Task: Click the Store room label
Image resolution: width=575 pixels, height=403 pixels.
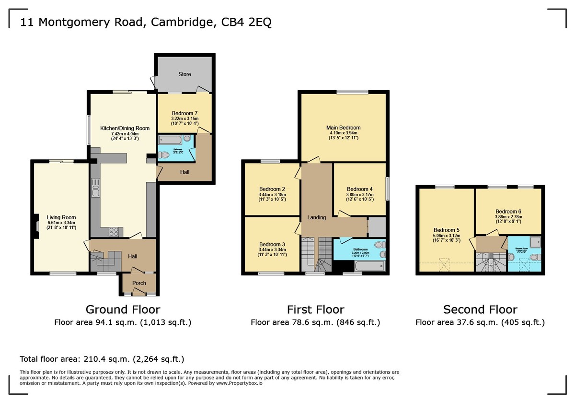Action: (184, 74)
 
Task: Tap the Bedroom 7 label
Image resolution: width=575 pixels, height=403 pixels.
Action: (184, 113)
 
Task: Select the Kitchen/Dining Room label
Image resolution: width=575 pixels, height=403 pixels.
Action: (125, 128)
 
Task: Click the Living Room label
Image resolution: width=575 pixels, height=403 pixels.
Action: (61, 217)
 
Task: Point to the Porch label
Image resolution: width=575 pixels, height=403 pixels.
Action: (139, 283)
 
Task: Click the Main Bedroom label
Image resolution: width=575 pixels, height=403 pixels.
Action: (343, 128)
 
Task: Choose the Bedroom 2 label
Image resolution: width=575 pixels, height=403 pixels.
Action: (272, 189)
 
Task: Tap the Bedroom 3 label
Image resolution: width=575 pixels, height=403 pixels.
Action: (272, 244)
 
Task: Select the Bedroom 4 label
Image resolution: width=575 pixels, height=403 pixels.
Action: (360, 189)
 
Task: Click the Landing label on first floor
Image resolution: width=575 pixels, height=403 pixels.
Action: (316, 217)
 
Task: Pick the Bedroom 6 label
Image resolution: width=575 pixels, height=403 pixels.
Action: (508, 212)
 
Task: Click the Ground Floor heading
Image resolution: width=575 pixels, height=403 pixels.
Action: (123, 309)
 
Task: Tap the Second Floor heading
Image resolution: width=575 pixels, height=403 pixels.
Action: (480, 309)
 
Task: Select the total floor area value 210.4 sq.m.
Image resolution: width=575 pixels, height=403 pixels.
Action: (122, 359)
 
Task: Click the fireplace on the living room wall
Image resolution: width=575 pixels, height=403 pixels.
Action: (36, 224)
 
